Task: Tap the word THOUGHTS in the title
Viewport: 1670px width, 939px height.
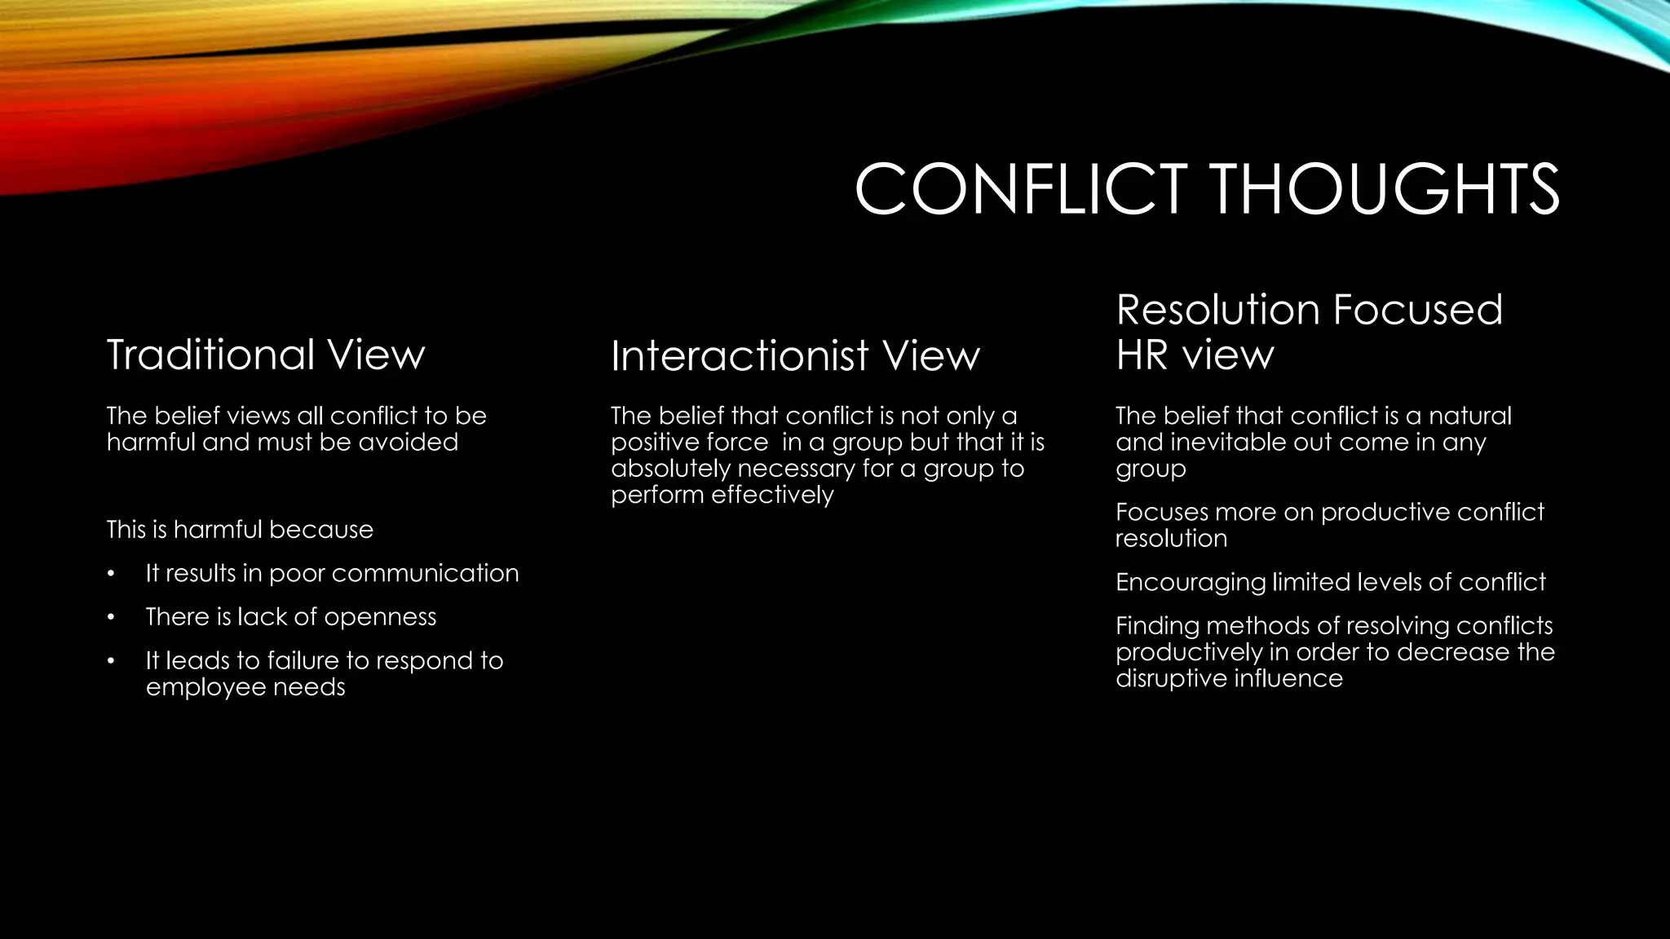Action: (x=1385, y=189)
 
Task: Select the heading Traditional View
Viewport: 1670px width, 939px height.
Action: (x=266, y=355)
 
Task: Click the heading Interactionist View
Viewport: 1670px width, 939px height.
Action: (x=795, y=356)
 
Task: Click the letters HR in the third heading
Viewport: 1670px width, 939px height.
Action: (x=1142, y=355)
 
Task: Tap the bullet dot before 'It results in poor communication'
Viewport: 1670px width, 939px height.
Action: (x=112, y=574)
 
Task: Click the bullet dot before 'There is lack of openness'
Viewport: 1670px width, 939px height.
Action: (x=112, y=617)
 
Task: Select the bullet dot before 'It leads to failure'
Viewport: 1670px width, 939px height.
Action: (x=112, y=661)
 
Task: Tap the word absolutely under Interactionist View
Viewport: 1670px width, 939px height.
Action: (x=670, y=469)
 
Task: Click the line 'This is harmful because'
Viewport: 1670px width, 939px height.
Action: (x=240, y=530)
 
